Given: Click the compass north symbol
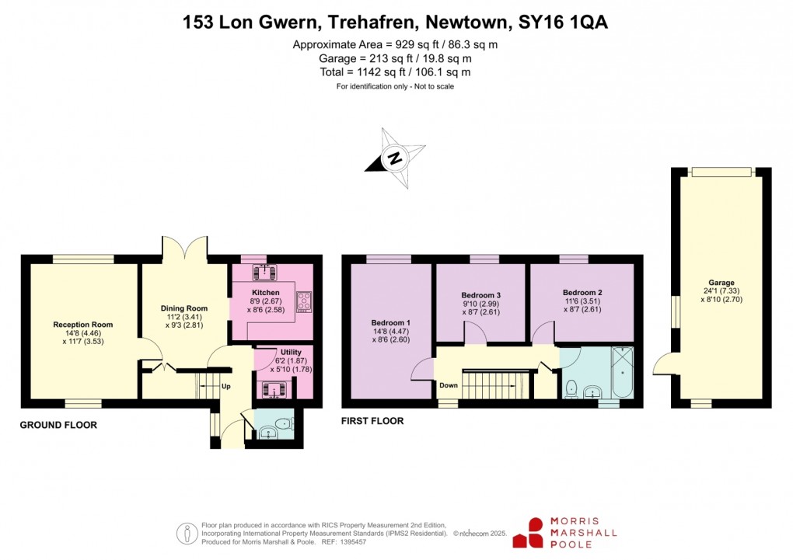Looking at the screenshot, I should [396, 159].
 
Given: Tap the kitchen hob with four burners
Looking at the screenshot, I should [302, 301].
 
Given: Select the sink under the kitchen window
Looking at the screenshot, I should [266, 271].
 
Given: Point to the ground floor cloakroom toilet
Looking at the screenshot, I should [285, 424].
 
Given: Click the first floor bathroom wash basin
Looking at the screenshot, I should [592, 391].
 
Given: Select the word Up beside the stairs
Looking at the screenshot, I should [226, 386].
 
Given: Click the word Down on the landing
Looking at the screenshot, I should [448, 385].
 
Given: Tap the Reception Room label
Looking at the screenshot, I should [83, 325].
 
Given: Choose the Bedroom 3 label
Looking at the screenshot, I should [480, 295].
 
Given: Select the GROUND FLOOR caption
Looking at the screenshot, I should [58, 425].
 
